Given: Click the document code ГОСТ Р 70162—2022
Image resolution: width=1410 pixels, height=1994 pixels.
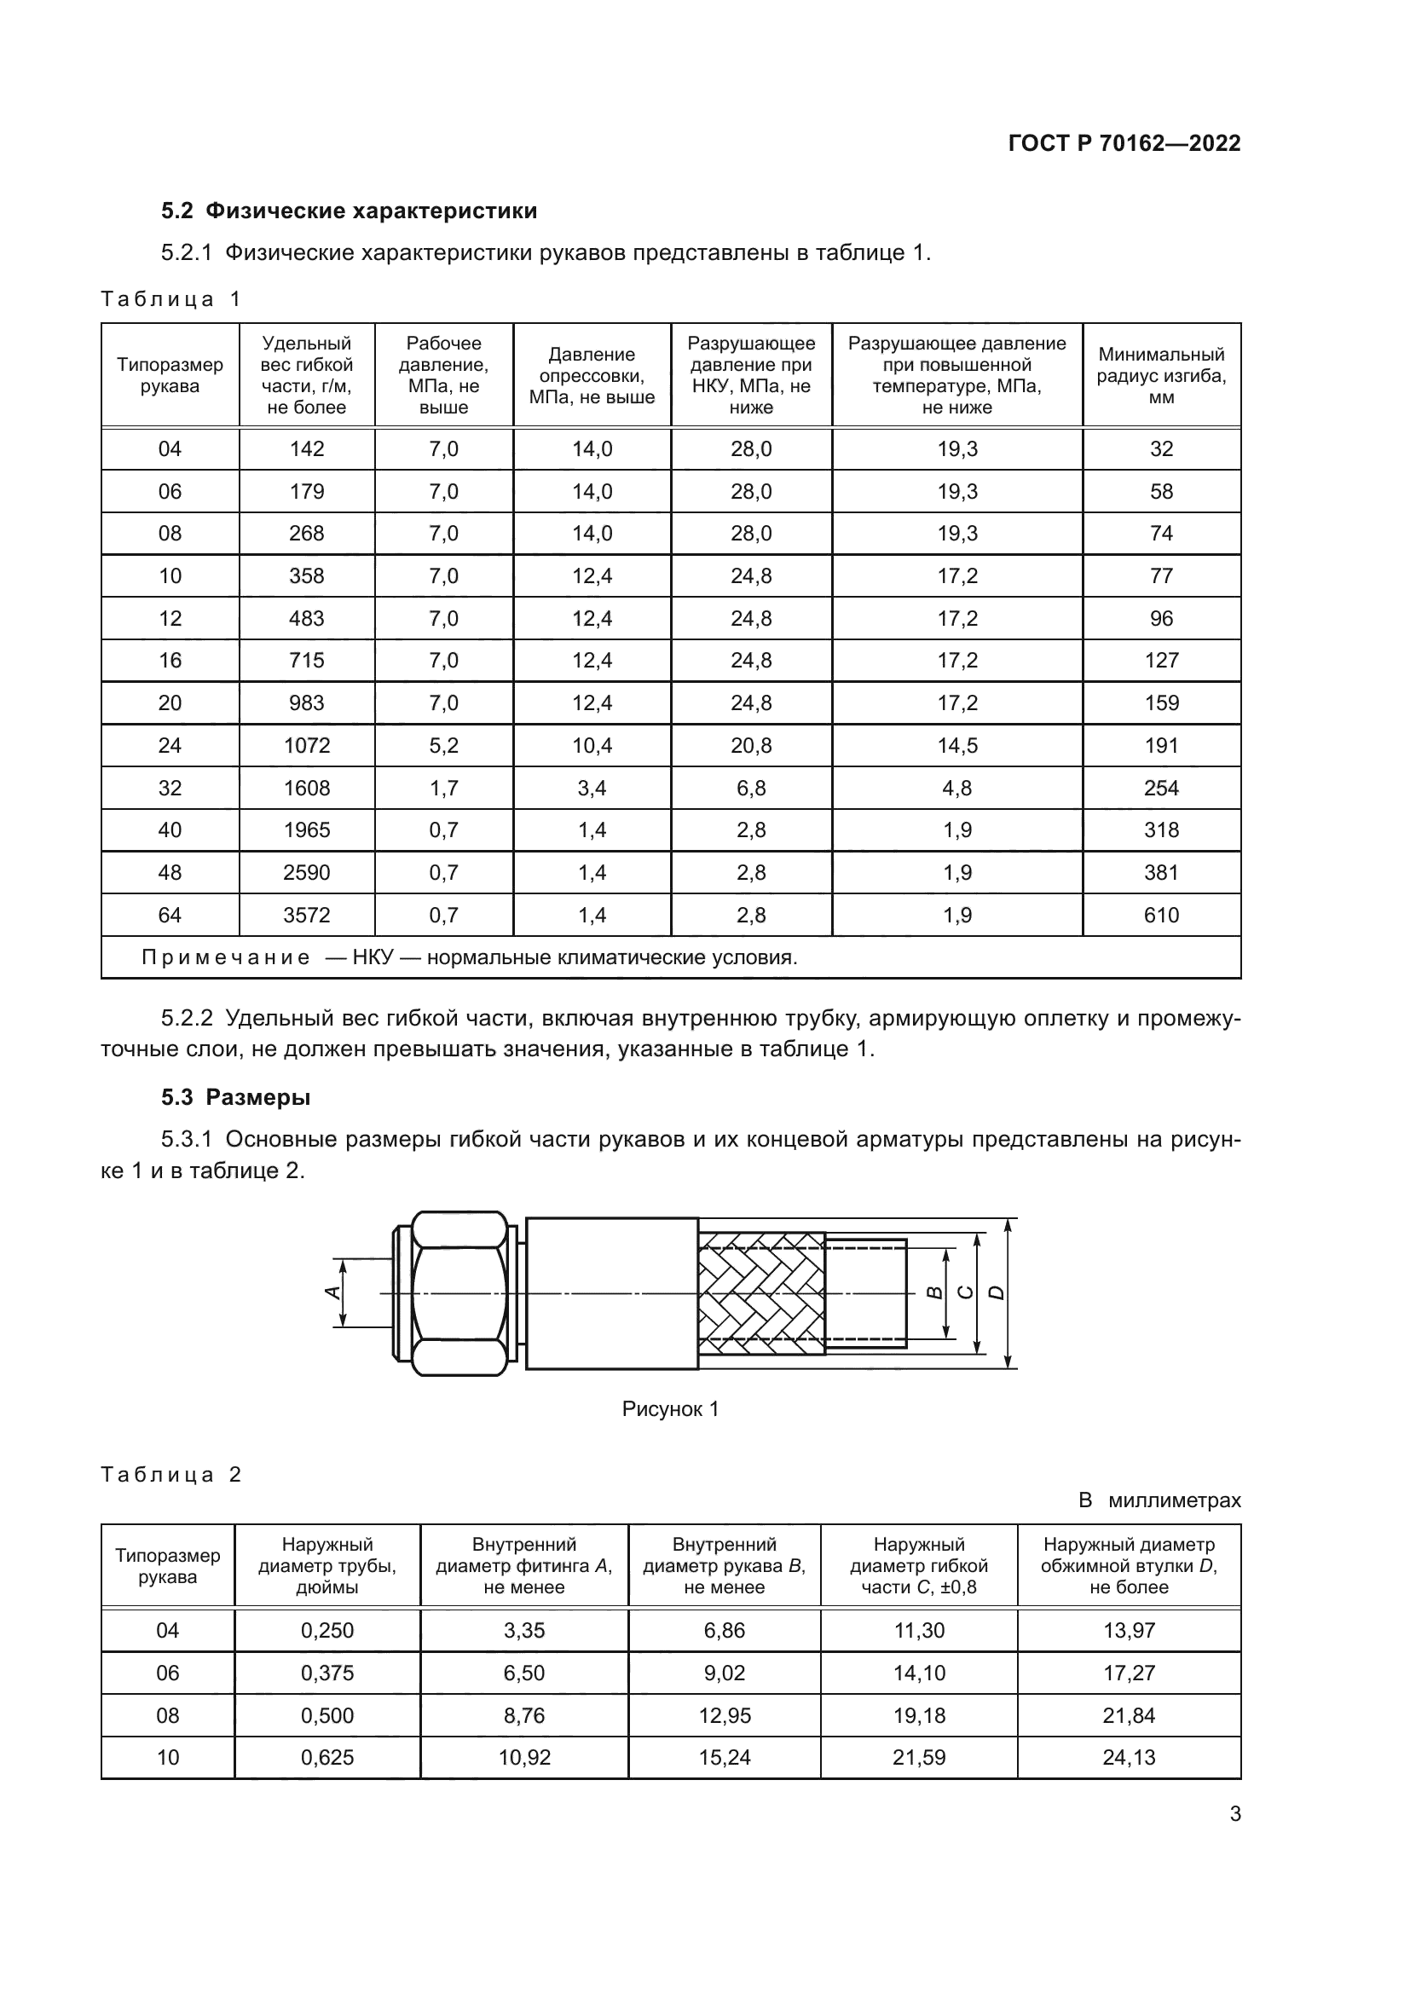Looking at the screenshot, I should tap(1124, 143).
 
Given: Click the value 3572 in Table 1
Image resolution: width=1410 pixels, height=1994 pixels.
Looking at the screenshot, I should tap(307, 915).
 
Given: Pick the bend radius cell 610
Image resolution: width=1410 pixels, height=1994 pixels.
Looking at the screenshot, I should tap(1161, 915).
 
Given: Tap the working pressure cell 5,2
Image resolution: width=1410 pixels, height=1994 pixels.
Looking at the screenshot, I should tap(442, 745).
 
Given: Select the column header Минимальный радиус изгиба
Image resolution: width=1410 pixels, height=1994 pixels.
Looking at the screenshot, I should tap(1161, 375).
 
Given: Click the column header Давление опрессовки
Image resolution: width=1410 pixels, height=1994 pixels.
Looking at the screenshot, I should tap(592, 375).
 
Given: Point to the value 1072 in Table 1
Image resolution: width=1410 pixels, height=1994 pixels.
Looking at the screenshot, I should tap(307, 745).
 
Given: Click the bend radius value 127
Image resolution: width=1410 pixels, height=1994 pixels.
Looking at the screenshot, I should tap(1161, 660).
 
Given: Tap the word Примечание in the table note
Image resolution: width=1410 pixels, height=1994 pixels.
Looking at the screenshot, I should tap(225, 958).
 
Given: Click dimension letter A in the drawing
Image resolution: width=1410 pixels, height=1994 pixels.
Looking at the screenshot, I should tap(331, 1293).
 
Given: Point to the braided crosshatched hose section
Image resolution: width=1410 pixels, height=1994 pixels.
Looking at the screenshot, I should tap(760, 1293).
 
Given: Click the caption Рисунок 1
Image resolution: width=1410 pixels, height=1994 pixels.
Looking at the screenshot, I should tap(670, 1409).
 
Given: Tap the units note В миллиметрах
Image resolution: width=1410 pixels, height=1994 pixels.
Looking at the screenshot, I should tap(1159, 1500).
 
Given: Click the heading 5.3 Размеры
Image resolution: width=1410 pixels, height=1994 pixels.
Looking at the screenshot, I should tap(235, 1098).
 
